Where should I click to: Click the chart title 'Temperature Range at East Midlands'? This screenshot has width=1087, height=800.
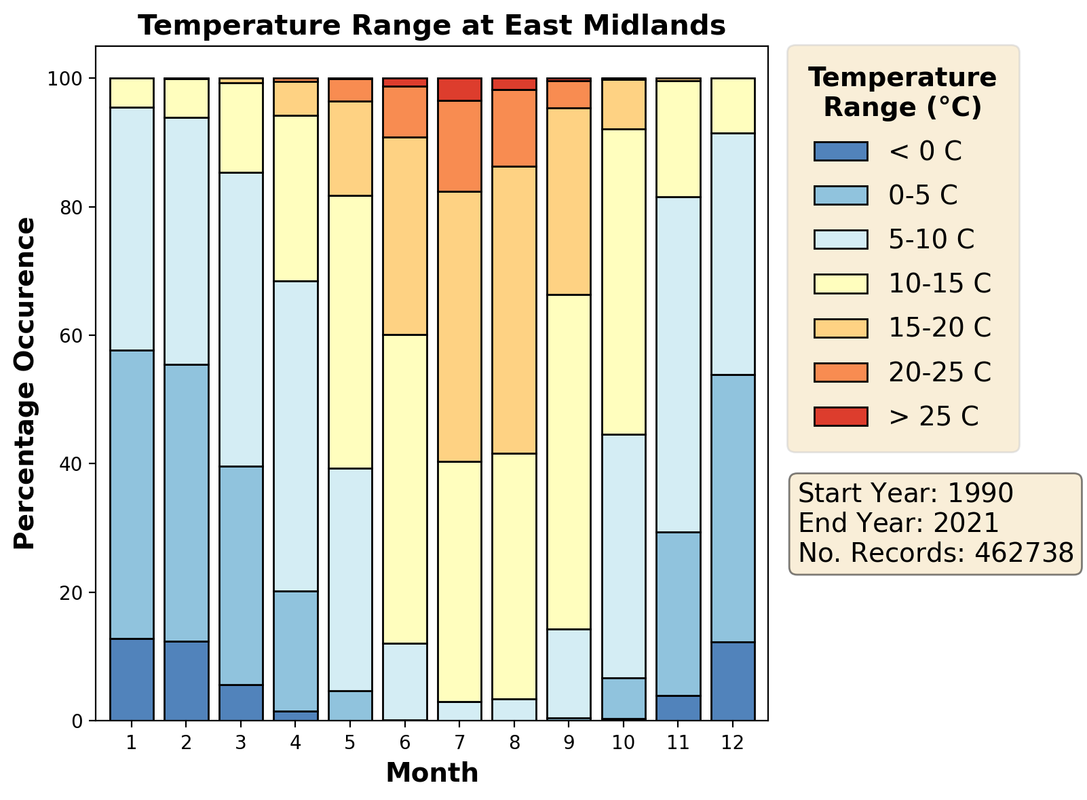click(x=432, y=26)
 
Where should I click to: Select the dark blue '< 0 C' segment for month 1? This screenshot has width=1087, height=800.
click(x=132, y=679)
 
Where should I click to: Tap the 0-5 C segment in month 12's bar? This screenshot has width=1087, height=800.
click(x=733, y=508)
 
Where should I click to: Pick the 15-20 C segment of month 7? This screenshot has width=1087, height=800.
click(x=459, y=326)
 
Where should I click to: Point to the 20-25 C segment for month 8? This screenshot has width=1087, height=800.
click(x=514, y=128)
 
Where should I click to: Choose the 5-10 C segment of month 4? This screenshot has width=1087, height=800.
click(x=295, y=436)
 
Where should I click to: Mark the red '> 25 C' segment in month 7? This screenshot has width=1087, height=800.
click(x=459, y=90)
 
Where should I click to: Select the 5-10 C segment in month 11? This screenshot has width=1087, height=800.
click(x=678, y=364)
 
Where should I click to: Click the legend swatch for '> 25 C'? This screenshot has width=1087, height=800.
click(x=840, y=416)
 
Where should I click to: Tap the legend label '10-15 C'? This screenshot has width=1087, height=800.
click(x=940, y=284)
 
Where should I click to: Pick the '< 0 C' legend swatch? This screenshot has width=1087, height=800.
click(x=840, y=151)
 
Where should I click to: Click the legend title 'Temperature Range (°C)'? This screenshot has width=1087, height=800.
click(x=902, y=92)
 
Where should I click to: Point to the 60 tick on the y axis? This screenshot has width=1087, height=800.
click(x=75, y=336)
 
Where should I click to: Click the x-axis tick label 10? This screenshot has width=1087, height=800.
click(x=624, y=742)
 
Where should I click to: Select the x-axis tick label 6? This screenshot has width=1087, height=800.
click(x=405, y=742)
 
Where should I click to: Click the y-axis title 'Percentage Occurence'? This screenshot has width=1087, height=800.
click(x=24, y=383)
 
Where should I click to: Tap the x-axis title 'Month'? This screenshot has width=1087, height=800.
click(x=432, y=773)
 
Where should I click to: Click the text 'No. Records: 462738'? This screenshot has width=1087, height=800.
click(x=936, y=553)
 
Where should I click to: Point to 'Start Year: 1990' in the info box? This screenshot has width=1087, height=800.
click(x=906, y=493)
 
